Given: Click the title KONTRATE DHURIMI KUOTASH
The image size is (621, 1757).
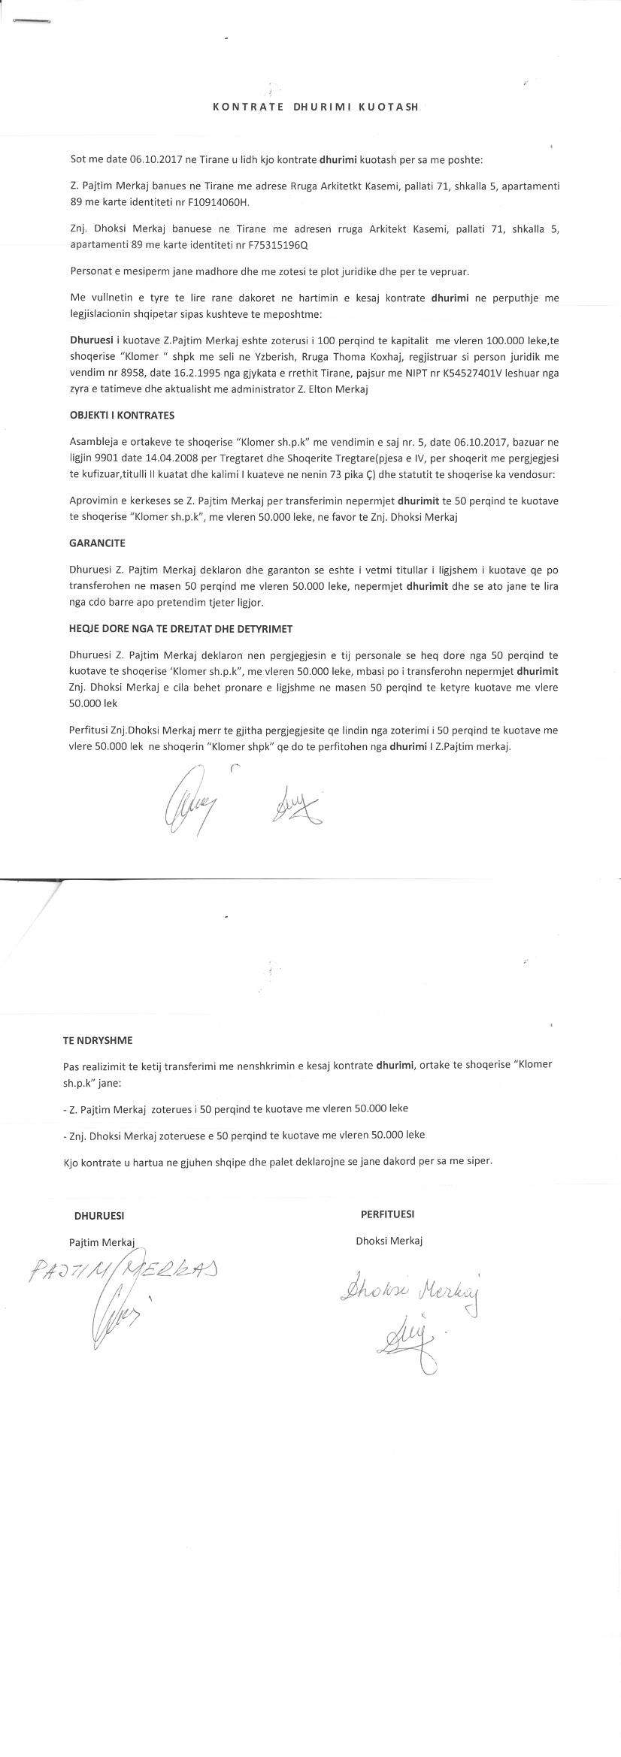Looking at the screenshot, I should click(315, 107).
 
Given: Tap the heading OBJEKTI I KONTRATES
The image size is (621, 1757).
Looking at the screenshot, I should click(121, 415).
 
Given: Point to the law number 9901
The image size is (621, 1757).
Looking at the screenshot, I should click(111, 458).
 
